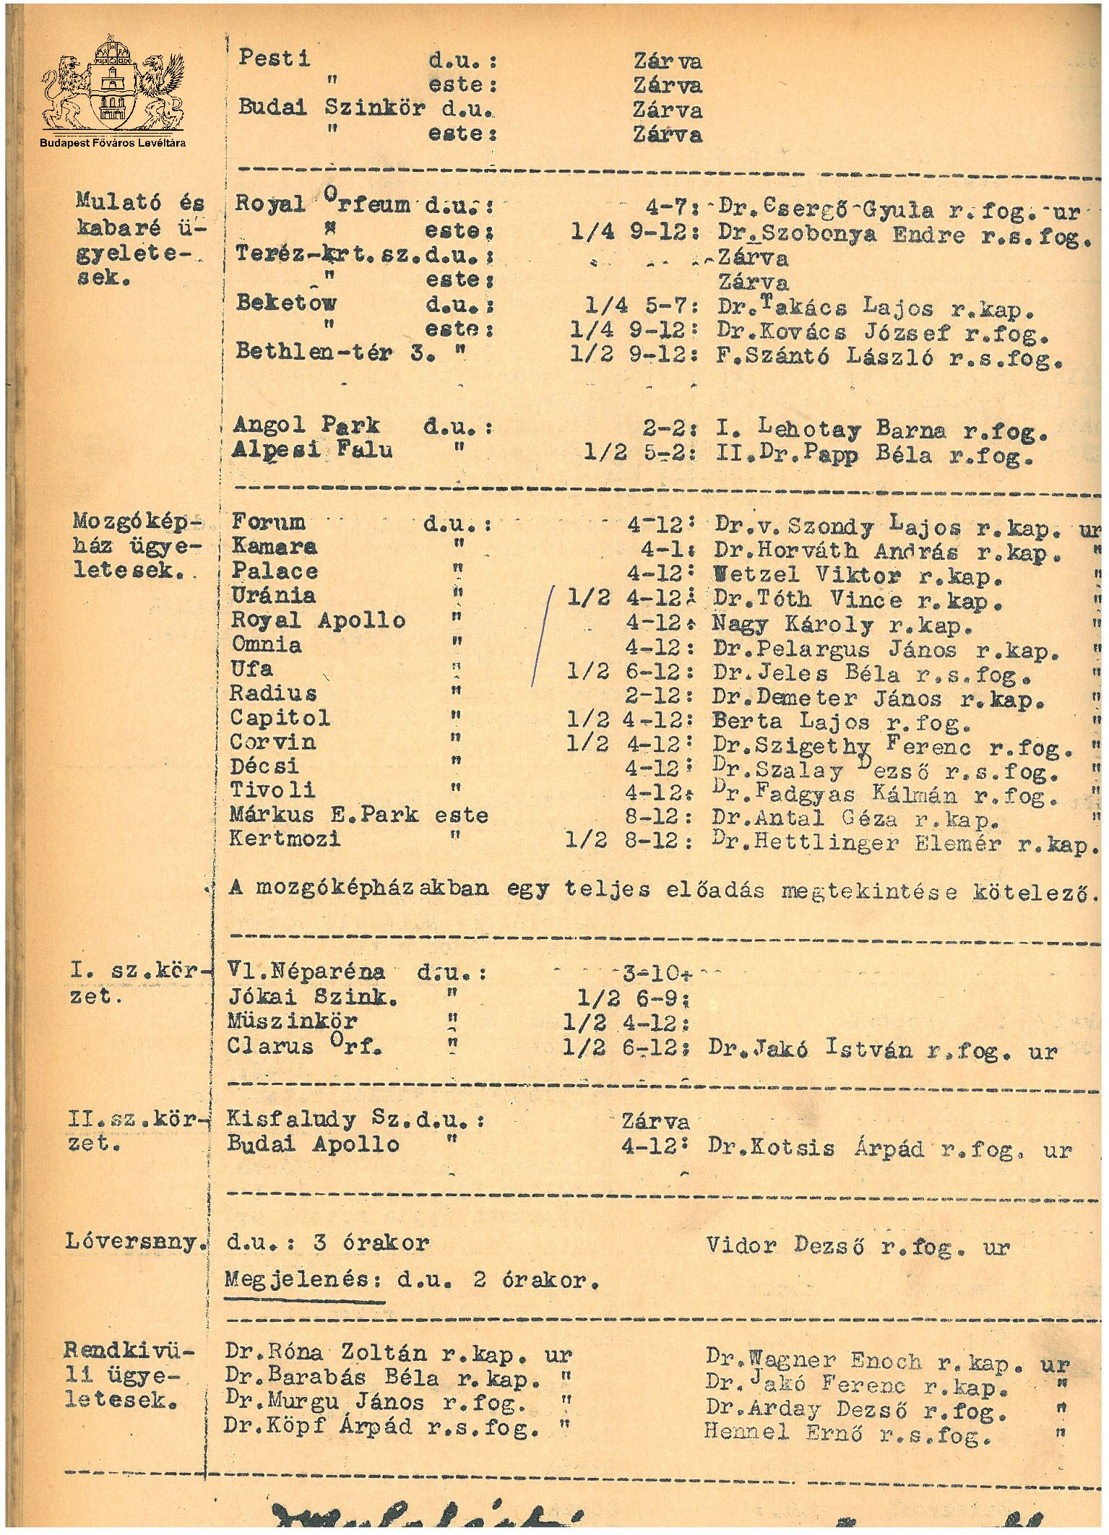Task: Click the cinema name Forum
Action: pyautogui.click(x=268, y=522)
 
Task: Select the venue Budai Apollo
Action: pyautogui.click(x=312, y=1145)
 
